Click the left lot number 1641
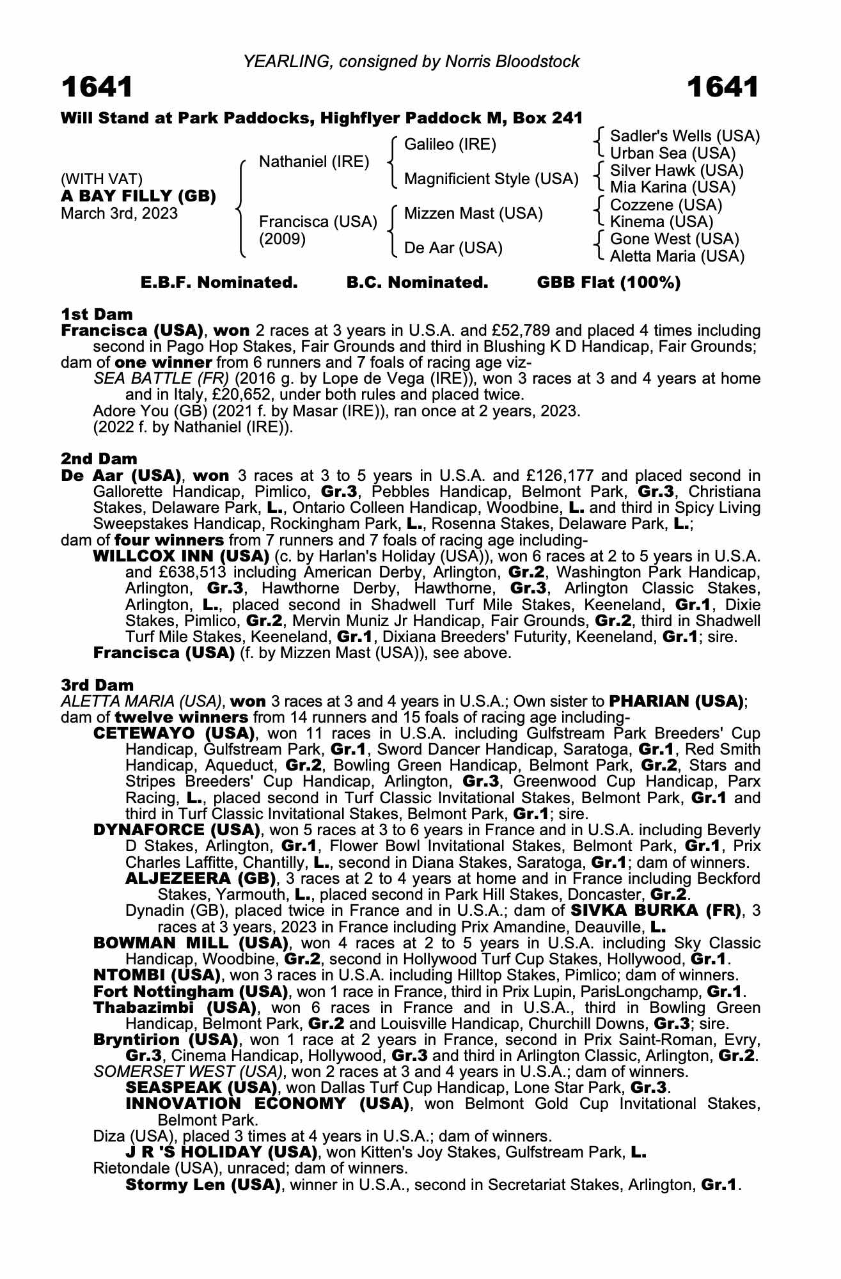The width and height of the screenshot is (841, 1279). (97, 88)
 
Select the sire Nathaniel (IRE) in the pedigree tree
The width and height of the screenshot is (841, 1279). (314, 162)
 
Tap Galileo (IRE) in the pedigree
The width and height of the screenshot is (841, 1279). (450, 145)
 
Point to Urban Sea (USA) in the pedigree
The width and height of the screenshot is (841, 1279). (673, 153)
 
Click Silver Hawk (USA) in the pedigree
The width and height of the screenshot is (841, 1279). (677, 171)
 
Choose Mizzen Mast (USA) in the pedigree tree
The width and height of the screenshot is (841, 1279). (473, 214)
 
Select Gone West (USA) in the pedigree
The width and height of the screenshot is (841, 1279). (675, 239)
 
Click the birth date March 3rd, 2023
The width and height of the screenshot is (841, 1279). (119, 214)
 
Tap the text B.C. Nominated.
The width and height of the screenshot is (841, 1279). (417, 283)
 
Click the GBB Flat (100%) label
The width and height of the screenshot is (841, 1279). (609, 283)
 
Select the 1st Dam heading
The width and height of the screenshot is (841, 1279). (97, 314)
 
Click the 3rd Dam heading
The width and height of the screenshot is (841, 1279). (98, 685)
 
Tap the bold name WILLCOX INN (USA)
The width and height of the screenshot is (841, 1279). (181, 556)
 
